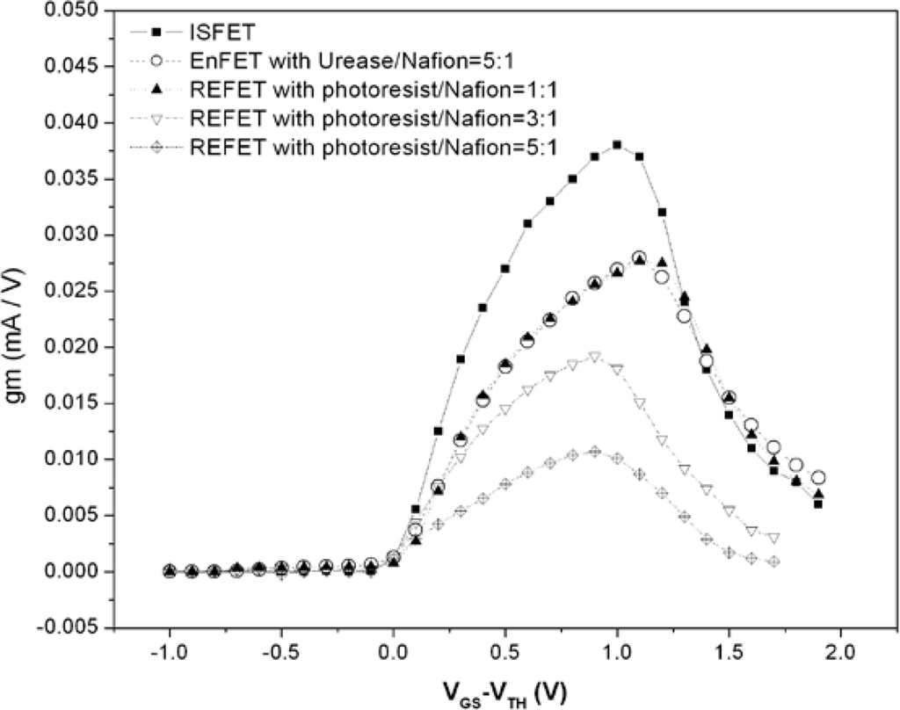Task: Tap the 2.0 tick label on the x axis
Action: (841, 655)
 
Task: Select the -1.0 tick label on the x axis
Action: (167, 655)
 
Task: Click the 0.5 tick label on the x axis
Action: (505, 655)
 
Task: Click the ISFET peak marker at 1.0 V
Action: (617, 145)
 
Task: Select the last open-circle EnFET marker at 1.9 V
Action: (818, 477)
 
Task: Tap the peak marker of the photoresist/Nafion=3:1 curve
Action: (595, 357)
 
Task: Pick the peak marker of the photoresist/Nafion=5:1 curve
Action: (595, 451)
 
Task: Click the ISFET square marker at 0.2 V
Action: (439, 431)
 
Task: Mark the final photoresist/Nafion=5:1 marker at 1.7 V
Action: (773, 561)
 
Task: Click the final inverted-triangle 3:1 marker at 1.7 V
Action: (773, 537)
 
